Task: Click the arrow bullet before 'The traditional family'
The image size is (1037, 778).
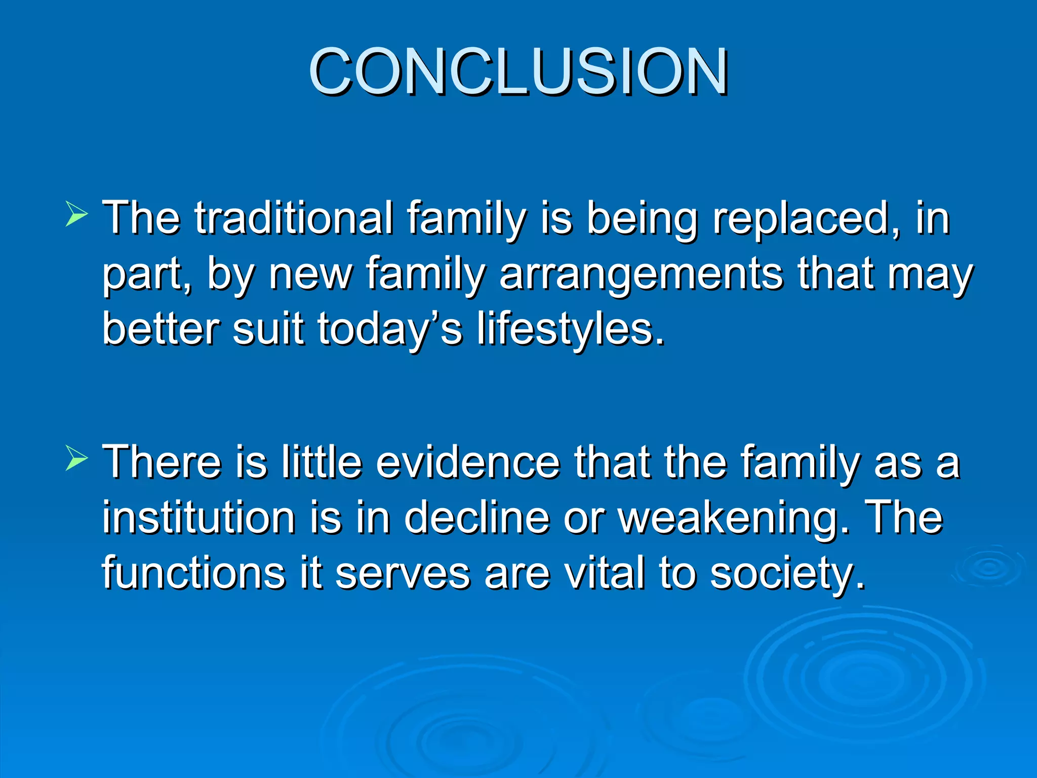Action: pos(76,214)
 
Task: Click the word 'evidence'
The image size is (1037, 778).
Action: pos(468,462)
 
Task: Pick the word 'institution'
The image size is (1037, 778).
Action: pos(199,518)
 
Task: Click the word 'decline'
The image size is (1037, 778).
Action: pos(476,518)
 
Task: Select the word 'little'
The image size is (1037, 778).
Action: pos(322,462)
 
